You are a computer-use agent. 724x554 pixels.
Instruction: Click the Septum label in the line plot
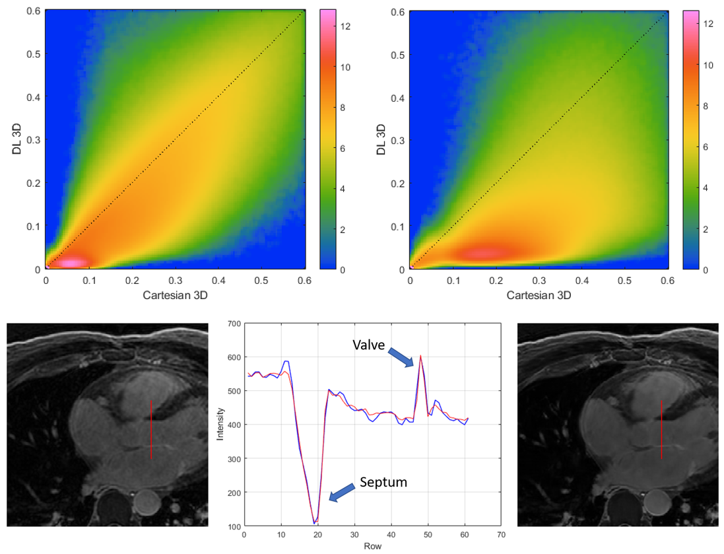(x=383, y=483)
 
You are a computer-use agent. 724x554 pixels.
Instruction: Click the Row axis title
(x=372, y=546)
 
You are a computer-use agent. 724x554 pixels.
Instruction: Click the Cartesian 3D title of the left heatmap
(x=175, y=295)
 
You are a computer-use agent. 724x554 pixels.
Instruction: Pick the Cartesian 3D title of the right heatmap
(x=539, y=295)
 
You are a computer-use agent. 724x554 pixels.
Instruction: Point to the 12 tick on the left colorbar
(x=346, y=26)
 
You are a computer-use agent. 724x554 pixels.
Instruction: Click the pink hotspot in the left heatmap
(x=73, y=262)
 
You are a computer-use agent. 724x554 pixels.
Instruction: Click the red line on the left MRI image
(x=150, y=429)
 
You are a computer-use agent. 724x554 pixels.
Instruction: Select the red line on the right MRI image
(x=661, y=429)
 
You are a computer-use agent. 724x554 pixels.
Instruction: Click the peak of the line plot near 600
(x=420, y=356)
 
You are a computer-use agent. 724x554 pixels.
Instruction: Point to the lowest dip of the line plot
(x=314, y=523)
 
